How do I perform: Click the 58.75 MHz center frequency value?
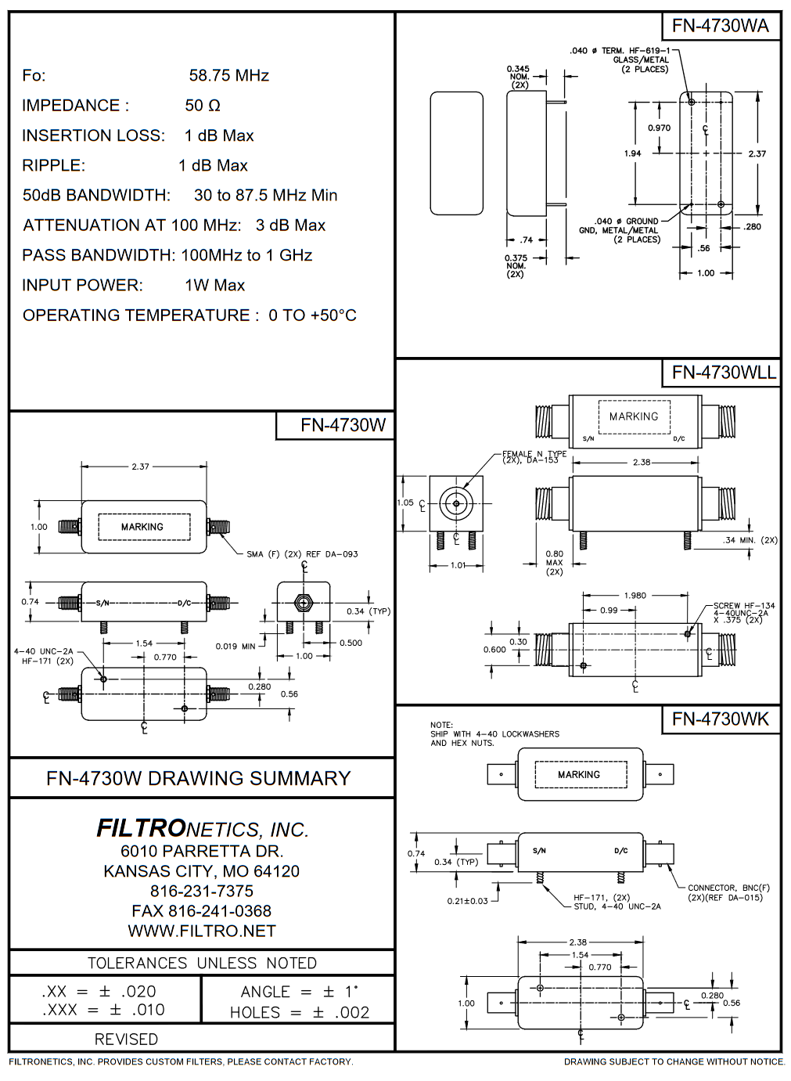click(228, 75)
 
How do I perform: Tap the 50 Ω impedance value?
click(203, 106)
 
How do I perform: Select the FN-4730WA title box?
click(720, 26)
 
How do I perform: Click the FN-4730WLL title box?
click(723, 372)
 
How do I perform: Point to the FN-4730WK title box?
click(720, 719)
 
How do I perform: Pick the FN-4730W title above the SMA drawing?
click(343, 425)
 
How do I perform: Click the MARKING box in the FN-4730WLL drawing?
click(634, 416)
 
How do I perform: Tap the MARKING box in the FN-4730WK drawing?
click(579, 774)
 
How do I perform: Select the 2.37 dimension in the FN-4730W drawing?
click(140, 467)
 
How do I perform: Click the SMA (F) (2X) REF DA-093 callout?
click(302, 554)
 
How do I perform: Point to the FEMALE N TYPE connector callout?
click(534, 456)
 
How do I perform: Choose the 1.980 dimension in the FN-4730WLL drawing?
click(635, 596)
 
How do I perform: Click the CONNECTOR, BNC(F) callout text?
click(728, 892)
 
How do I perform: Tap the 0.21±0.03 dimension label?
click(467, 901)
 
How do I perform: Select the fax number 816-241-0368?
click(202, 911)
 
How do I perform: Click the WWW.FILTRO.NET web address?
click(202, 931)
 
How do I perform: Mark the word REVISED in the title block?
click(126, 1040)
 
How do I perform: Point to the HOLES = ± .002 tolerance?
click(299, 1012)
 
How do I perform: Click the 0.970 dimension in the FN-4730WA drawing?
click(660, 128)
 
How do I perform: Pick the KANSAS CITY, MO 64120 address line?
click(202, 871)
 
